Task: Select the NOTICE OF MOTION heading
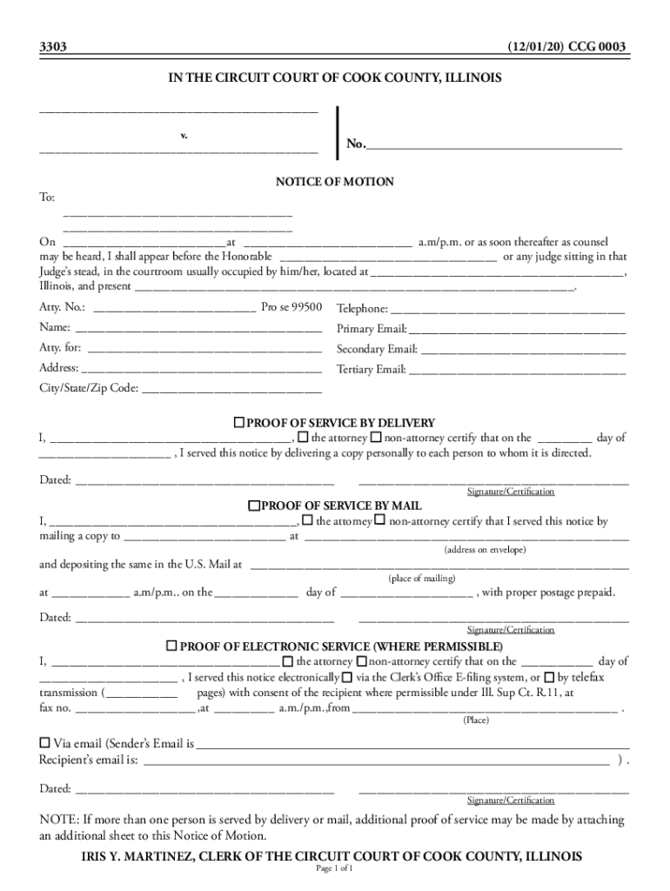coord(335,182)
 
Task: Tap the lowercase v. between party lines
coord(184,137)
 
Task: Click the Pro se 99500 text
coord(291,307)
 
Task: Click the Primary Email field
coord(517,330)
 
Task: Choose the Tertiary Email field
coord(517,370)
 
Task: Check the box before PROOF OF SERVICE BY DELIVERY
coord(238,422)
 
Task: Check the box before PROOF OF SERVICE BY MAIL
coord(254,506)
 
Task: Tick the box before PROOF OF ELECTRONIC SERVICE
coord(171,646)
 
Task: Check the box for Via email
coord(45,743)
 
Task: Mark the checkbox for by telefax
coord(549,676)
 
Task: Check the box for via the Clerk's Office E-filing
coord(347,676)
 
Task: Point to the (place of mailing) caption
coord(421,578)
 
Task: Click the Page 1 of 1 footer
coord(334,868)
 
